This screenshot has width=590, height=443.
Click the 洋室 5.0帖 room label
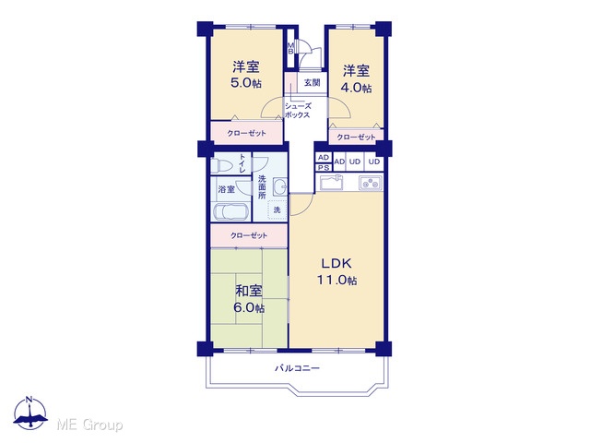[x=246, y=75]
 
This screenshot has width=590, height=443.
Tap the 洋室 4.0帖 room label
[x=356, y=78]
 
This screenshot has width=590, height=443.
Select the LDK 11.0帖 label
[x=336, y=271]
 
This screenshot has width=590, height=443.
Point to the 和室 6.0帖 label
[x=249, y=299]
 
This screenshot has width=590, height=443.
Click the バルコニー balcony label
[x=297, y=367]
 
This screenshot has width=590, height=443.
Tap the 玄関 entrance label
[x=312, y=82]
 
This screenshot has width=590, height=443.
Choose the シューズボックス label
[x=298, y=111]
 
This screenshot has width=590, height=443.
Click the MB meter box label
[x=290, y=48]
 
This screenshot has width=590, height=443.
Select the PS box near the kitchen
[x=324, y=168]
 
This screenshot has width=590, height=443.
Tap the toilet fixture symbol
[x=221, y=165]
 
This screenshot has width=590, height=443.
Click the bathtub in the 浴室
[x=230, y=212]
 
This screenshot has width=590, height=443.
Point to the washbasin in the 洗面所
[x=279, y=186]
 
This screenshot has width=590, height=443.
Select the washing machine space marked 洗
[x=277, y=210]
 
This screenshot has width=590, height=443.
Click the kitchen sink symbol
[x=332, y=184]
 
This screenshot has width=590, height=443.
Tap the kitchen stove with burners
[x=371, y=183]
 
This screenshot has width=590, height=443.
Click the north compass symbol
[x=30, y=413]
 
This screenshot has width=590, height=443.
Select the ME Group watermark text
[x=89, y=425]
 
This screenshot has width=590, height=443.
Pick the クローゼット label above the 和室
[x=249, y=236]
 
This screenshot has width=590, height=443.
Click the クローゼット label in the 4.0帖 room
[x=356, y=138]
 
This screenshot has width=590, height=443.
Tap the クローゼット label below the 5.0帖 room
[x=246, y=133]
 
